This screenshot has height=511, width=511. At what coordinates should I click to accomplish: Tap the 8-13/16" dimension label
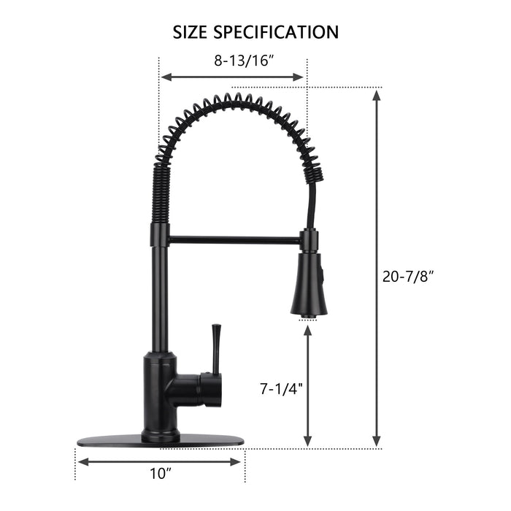(244, 61)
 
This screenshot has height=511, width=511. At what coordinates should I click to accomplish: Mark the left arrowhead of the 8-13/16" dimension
(165, 77)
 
